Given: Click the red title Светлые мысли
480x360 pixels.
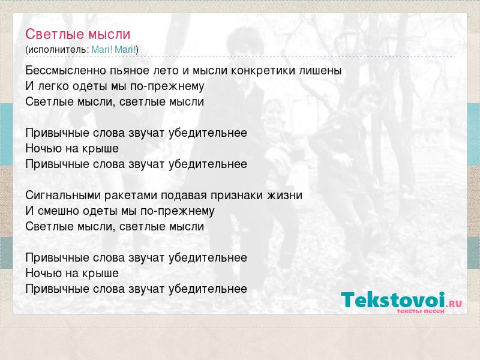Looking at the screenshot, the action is [78, 34].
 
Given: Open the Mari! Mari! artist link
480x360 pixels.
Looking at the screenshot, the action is [113, 50].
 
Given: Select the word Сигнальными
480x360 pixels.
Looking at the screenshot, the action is [63, 196].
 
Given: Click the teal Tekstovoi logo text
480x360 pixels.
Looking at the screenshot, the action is [393, 300].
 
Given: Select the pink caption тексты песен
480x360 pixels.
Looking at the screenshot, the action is [421, 311].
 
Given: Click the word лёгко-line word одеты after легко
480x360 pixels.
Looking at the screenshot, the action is [90, 86].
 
